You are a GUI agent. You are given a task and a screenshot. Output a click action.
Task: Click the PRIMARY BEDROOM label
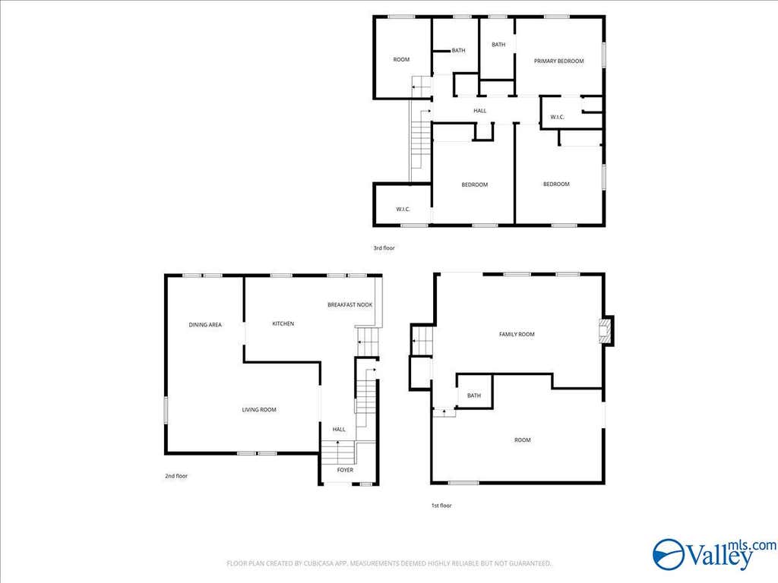[558, 61]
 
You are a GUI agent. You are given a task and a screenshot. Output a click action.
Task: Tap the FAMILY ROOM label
[517, 334]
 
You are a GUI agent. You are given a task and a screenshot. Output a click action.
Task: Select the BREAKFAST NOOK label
[349, 305]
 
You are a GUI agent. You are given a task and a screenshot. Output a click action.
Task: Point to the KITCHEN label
[283, 323]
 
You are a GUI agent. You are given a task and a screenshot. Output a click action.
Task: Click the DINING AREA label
[205, 325]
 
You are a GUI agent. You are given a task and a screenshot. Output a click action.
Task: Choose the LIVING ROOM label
[259, 409]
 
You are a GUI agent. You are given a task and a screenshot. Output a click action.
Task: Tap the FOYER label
[346, 470]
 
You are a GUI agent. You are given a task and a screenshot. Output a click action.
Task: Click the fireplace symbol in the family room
[606, 331]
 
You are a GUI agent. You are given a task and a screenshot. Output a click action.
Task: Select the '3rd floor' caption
[384, 247]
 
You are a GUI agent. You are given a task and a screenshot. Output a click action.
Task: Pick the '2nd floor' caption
[176, 476]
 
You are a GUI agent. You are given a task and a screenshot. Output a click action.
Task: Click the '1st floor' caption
[441, 506]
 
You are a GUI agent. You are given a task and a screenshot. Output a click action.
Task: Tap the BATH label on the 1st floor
[474, 395]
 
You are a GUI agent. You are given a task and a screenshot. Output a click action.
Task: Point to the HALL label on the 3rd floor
[480, 111]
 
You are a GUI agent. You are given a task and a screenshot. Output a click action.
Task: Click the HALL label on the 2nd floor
[339, 430]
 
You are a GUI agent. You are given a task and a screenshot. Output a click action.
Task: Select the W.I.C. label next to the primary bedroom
[557, 117]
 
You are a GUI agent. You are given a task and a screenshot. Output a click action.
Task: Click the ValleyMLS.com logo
[714, 554]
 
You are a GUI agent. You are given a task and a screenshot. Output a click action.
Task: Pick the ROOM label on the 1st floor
[523, 440]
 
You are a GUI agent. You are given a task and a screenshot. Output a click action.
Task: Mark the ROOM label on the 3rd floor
[401, 59]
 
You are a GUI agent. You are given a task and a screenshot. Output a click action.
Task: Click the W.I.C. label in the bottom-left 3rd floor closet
[403, 210]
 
